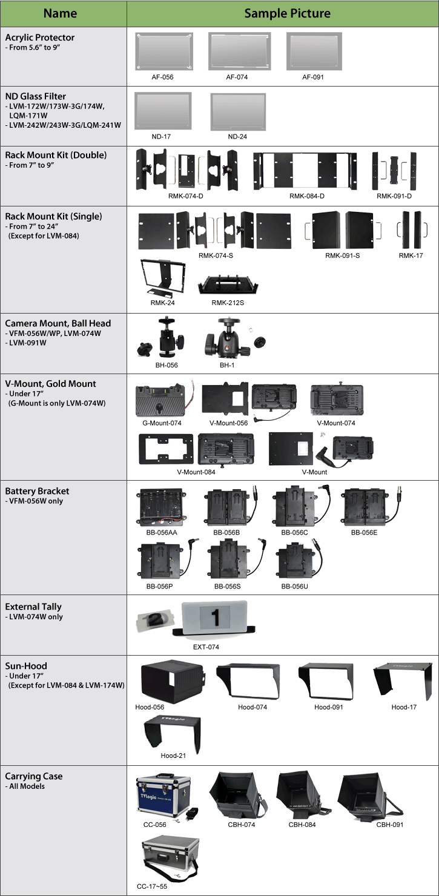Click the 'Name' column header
[x=60, y=13]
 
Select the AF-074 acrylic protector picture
[x=239, y=52]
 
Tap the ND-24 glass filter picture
[x=237, y=111]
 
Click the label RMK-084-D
[x=306, y=196]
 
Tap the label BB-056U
[x=294, y=587]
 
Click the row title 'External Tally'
[x=33, y=607]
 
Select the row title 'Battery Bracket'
[x=37, y=491]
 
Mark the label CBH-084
[x=303, y=825]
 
